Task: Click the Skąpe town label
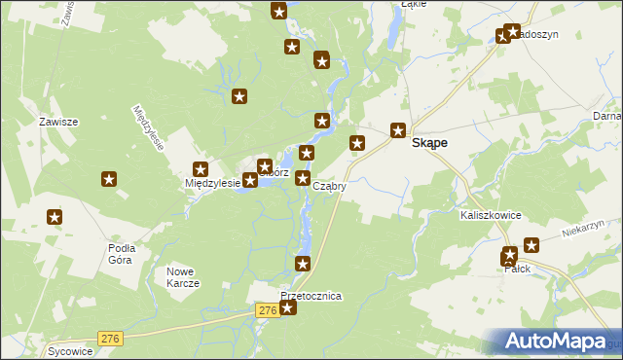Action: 429,142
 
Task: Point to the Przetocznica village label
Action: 311,296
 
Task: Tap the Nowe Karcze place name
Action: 183,277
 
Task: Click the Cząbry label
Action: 330,186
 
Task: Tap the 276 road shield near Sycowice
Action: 110,338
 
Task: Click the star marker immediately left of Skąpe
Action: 398,129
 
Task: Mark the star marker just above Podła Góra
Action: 55,218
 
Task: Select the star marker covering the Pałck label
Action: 509,257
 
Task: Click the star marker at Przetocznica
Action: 287,307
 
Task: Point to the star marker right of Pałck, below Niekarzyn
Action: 531,245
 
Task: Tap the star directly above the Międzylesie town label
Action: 201,168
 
